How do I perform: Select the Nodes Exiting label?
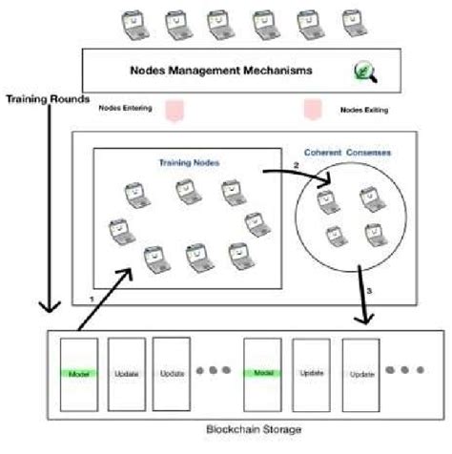pos(363,111)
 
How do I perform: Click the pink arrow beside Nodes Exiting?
pos(312,110)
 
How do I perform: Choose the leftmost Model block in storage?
pos(80,374)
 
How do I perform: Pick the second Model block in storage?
pos(264,374)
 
